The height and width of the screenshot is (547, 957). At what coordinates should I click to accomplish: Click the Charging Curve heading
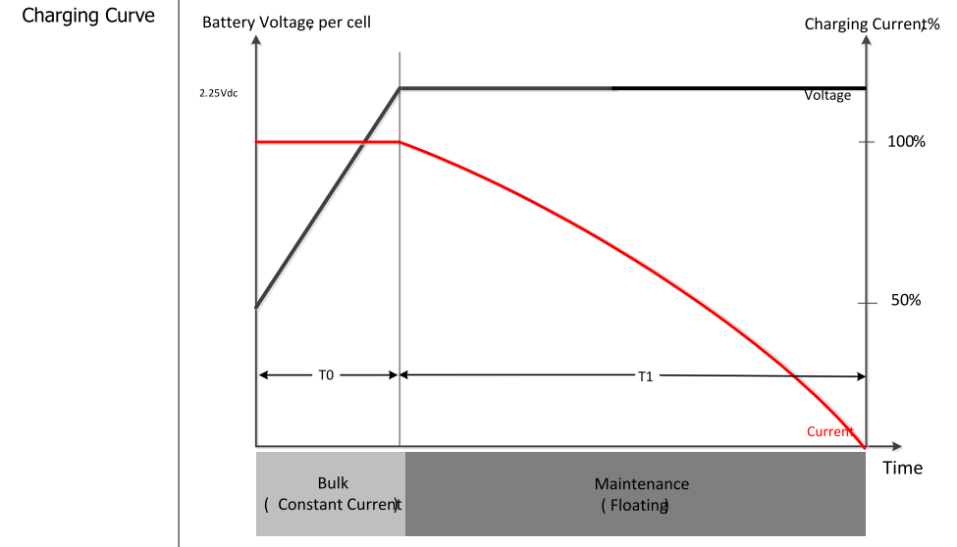(88, 16)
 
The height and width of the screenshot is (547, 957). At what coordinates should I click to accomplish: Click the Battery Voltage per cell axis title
(287, 23)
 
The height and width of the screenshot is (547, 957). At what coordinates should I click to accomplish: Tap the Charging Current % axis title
(872, 25)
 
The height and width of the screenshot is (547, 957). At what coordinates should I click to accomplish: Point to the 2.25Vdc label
(219, 93)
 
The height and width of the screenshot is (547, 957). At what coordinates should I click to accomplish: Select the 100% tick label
(906, 141)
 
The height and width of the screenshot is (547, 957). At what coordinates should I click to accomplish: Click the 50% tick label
(906, 300)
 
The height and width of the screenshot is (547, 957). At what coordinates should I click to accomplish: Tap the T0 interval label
(326, 375)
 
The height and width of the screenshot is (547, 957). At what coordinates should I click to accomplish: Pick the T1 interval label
(645, 376)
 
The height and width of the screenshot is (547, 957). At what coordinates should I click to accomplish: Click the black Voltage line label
(827, 96)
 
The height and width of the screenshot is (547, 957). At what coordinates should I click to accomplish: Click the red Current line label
(830, 431)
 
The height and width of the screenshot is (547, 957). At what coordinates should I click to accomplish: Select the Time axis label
(902, 468)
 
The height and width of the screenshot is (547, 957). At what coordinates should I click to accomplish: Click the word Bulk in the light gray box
(333, 483)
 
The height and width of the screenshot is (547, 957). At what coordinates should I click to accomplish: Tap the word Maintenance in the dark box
(642, 484)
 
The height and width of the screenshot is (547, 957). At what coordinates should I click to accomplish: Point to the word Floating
(638, 506)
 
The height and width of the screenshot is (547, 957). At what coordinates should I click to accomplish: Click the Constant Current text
(338, 504)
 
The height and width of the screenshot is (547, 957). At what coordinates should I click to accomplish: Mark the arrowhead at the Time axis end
(897, 446)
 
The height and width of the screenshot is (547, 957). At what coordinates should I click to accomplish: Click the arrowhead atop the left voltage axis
(256, 39)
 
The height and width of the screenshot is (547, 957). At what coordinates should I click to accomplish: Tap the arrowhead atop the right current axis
(866, 39)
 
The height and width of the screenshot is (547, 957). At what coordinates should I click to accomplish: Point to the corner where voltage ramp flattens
(399, 88)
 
